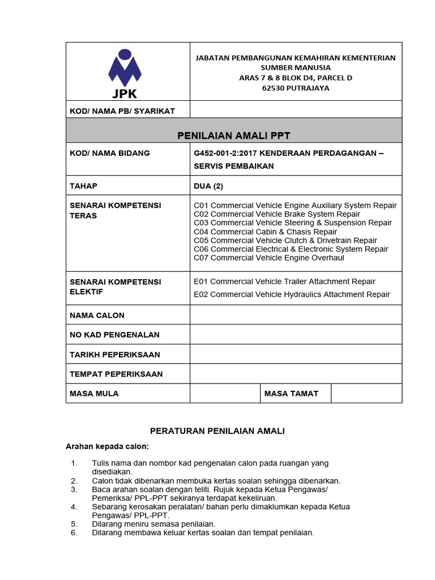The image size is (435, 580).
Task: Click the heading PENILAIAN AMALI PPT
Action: (234, 135)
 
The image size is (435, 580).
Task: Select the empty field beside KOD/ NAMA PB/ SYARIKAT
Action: (296, 109)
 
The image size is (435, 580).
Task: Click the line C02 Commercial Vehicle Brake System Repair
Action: (276, 214)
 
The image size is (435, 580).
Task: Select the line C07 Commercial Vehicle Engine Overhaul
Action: (268, 258)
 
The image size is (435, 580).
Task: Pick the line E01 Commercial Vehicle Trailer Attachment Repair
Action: (284, 282)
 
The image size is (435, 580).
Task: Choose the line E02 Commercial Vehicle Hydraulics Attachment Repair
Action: (292, 295)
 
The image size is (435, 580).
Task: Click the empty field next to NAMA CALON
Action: (296, 315)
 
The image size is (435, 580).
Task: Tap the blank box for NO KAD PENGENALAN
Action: (296, 335)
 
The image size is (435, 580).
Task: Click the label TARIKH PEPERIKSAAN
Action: (114, 355)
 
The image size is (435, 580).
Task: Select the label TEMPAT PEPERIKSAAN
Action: (116, 374)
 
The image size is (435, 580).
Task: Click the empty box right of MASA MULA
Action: (224, 393)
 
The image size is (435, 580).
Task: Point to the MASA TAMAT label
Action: (291, 393)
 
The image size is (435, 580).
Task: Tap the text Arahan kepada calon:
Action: (107, 446)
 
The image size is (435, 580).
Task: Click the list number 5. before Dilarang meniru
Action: (74, 524)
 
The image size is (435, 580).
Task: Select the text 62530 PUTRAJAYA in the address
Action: (295, 88)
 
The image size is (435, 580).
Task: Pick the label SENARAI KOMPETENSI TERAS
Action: (115, 210)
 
